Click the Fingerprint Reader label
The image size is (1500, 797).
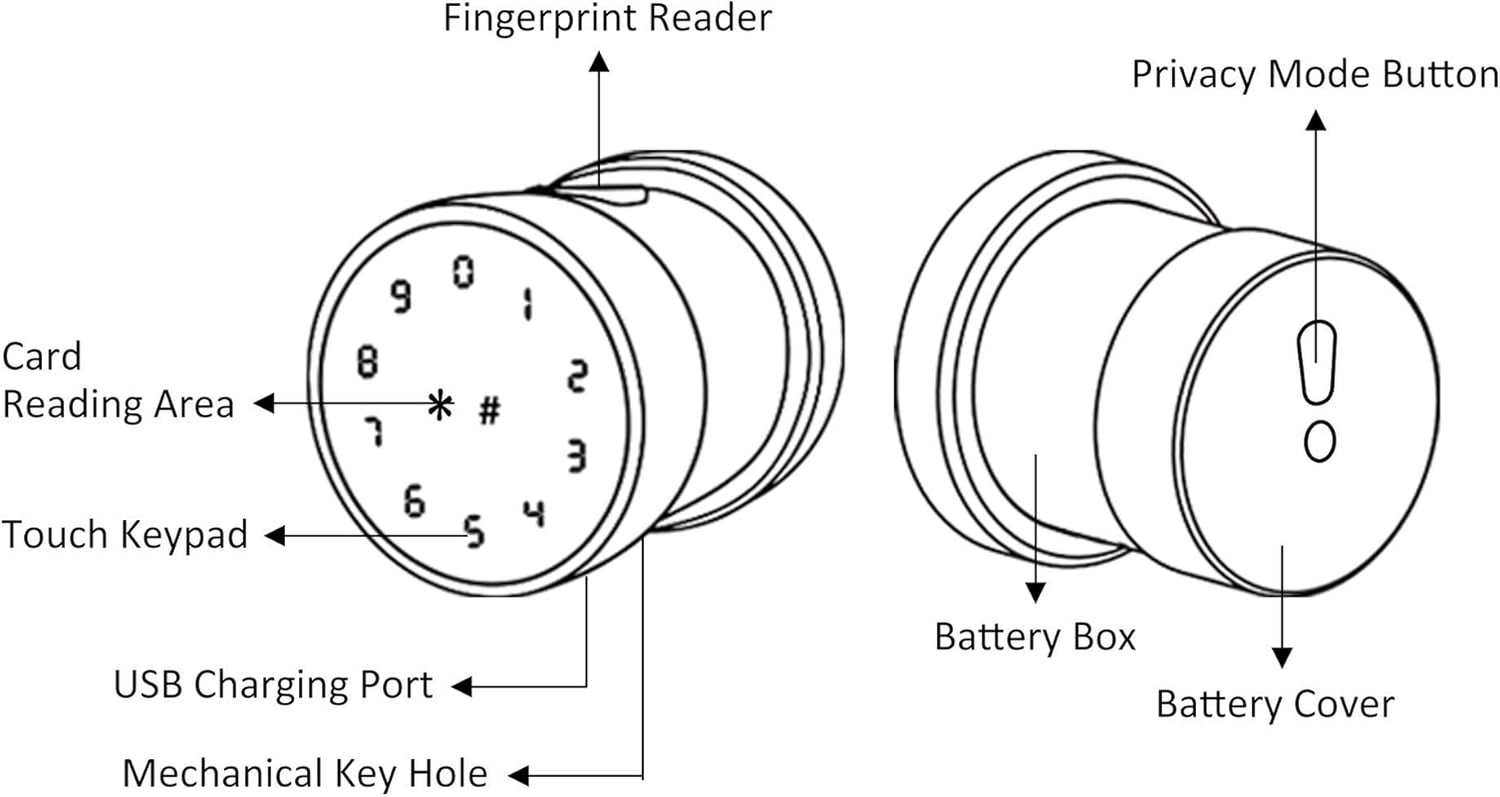607,19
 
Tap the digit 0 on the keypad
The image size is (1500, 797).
462,272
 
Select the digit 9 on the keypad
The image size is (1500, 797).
401,297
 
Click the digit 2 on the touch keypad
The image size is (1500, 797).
577,375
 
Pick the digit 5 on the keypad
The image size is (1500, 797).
475,532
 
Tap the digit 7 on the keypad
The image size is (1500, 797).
372,432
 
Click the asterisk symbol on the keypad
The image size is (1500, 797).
440,405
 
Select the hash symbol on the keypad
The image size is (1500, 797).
489,410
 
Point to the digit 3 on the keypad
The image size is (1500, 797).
577,455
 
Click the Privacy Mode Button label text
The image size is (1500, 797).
1315,76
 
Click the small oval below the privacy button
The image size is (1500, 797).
1320,441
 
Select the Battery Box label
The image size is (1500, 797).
1035,637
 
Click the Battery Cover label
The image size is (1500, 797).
1274,704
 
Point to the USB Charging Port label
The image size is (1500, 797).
273,686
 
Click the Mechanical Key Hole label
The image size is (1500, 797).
304,774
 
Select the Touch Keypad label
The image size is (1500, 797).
124,536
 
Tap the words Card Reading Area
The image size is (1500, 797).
117,381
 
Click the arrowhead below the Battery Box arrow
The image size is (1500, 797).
1035,593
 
